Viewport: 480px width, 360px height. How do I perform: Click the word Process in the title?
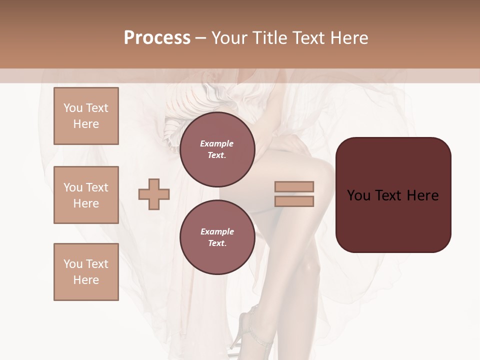point(157,38)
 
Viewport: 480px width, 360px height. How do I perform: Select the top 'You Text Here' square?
point(86,116)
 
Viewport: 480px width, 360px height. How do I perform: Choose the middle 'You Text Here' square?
point(86,195)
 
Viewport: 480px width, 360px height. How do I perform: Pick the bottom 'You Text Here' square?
point(86,272)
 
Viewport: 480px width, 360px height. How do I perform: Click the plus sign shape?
point(154,194)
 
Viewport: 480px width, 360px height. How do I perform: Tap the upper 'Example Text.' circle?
point(217,149)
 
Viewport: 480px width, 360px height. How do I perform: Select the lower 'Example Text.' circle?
point(217,237)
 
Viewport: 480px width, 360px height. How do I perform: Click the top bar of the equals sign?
point(294,187)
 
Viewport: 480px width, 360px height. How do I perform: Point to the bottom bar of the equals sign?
point(294,201)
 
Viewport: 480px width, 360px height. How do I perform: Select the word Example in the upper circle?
point(217,143)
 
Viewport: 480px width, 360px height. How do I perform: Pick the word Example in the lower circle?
point(217,231)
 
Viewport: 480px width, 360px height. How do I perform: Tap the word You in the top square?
point(72,108)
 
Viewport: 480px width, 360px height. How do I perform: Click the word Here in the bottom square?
point(86,280)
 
